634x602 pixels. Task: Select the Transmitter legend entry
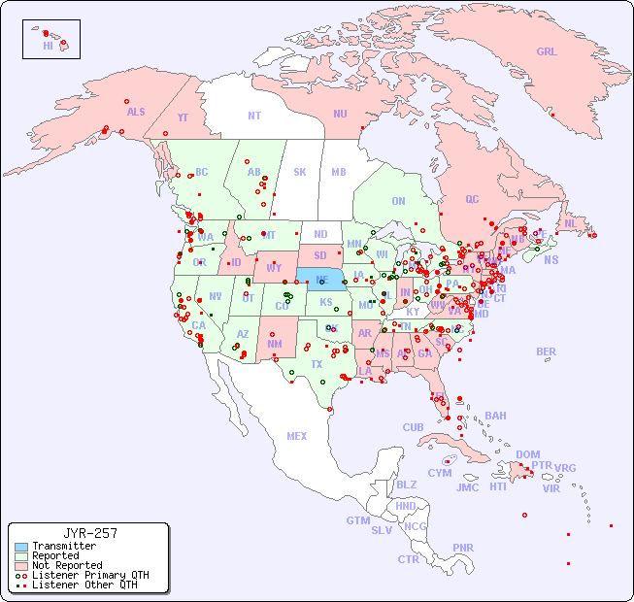[x=63, y=546]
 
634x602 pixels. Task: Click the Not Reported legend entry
[x=66, y=565]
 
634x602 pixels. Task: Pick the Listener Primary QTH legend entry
[x=89, y=575]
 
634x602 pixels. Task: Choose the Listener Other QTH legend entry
[x=83, y=585]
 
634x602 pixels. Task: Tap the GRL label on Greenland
[x=547, y=52]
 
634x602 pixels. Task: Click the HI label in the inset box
[x=48, y=46]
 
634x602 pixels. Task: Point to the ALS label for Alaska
[x=136, y=112]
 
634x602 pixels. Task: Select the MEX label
[x=297, y=436]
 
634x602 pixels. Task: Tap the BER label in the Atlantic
[x=547, y=351]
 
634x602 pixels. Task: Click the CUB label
[x=414, y=427]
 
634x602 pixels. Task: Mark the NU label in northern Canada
[x=340, y=114]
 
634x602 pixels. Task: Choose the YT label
[x=183, y=117]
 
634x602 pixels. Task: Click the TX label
[x=317, y=364]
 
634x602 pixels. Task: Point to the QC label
[x=472, y=199]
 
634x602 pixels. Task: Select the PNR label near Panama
[x=463, y=548]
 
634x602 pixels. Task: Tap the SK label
[x=300, y=172]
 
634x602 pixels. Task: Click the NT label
[x=254, y=116]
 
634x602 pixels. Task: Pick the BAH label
[x=495, y=416]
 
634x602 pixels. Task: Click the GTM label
[x=357, y=520]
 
